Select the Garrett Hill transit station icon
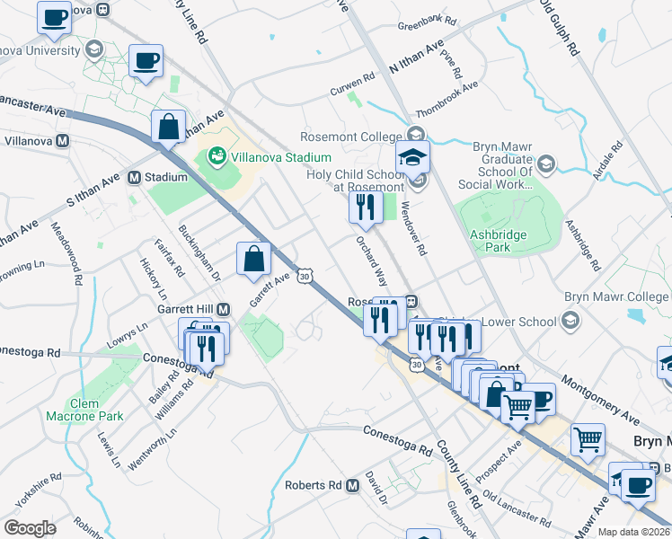[224, 309]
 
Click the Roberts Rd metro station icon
[352, 485]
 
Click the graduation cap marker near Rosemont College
[413, 157]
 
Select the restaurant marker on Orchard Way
[366, 207]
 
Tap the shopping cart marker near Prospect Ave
[518, 407]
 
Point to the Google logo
[30, 528]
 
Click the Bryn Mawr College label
[617, 297]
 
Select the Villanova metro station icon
[63, 141]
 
